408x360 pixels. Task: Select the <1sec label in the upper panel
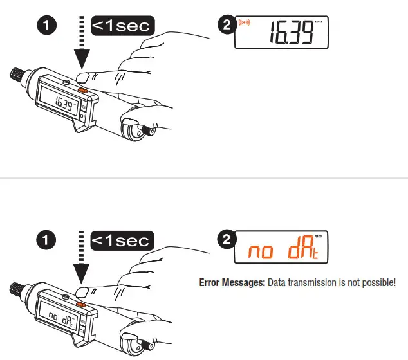coord(122,26)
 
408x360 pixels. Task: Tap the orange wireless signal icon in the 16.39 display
coord(245,25)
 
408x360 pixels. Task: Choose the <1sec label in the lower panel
coord(122,240)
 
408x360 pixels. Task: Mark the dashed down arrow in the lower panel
coord(82,260)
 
